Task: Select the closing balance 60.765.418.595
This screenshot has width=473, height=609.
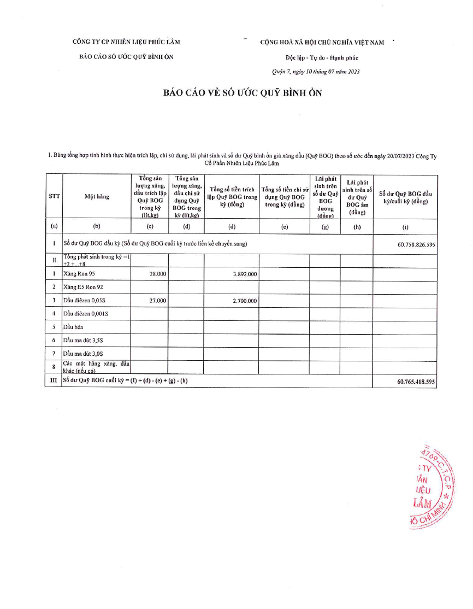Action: pos(416,382)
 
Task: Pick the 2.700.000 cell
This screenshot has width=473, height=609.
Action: pos(244,301)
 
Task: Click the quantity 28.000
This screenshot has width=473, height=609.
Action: pos(157,274)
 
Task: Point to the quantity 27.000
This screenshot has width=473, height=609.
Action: pos(157,301)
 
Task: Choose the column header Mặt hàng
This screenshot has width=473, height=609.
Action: pos(96,197)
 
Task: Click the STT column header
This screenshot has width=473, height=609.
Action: pos(54,197)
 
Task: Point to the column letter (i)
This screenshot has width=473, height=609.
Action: pos(405,227)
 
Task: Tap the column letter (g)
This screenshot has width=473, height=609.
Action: pos(325,227)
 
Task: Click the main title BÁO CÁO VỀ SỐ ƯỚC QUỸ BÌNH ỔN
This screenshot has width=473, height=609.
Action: pos(243,93)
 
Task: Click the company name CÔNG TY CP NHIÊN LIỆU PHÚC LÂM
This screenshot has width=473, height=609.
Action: pos(126,42)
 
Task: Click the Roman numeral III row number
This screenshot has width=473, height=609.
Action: pos(54,381)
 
